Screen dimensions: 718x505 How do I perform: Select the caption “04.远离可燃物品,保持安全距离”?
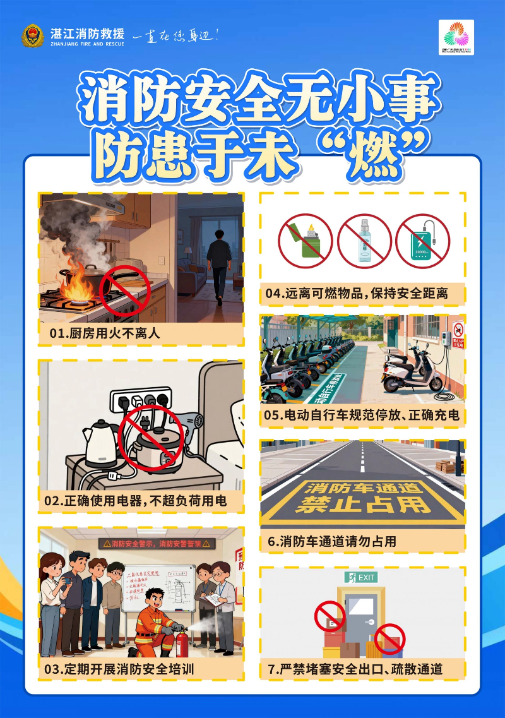click(x=357, y=293)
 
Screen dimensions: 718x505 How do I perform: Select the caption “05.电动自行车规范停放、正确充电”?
click(x=362, y=416)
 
